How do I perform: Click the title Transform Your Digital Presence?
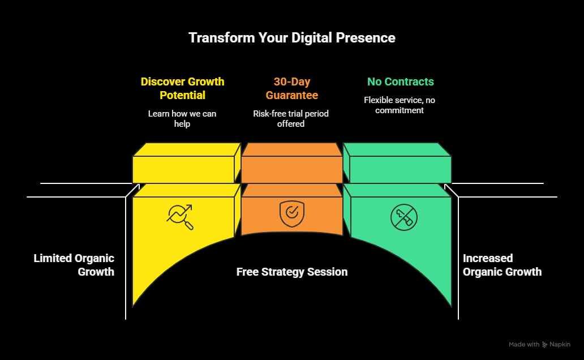coord(292,37)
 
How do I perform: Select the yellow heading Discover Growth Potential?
coord(182,88)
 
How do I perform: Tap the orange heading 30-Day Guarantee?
coord(292,88)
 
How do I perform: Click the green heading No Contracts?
coord(401,82)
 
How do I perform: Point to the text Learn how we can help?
coord(182,118)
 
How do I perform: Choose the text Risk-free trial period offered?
coord(291,118)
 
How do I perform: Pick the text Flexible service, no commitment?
coord(400,105)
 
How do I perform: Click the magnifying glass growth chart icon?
coord(181,217)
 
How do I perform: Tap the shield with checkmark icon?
coord(292,214)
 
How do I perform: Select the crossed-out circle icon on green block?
coord(403,217)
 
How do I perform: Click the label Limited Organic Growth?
coord(74,265)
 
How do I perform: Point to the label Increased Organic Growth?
coord(502,265)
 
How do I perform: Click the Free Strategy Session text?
coord(292,272)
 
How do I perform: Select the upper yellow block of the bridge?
coord(187,163)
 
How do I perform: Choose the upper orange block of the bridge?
coord(292,163)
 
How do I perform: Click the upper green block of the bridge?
coord(397,163)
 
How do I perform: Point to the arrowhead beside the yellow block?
coord(137,186)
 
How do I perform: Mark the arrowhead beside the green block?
coord(447,186)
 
